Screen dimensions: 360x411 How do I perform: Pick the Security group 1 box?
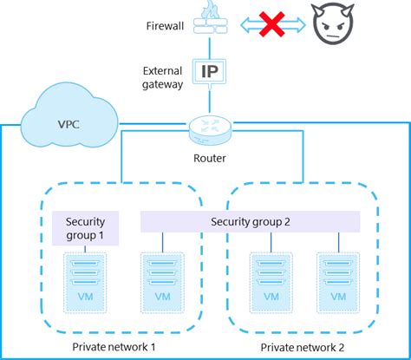[84, 228]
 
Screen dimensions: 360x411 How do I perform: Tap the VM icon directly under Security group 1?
[84, 279]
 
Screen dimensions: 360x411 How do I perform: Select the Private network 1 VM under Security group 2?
[162, 279]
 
